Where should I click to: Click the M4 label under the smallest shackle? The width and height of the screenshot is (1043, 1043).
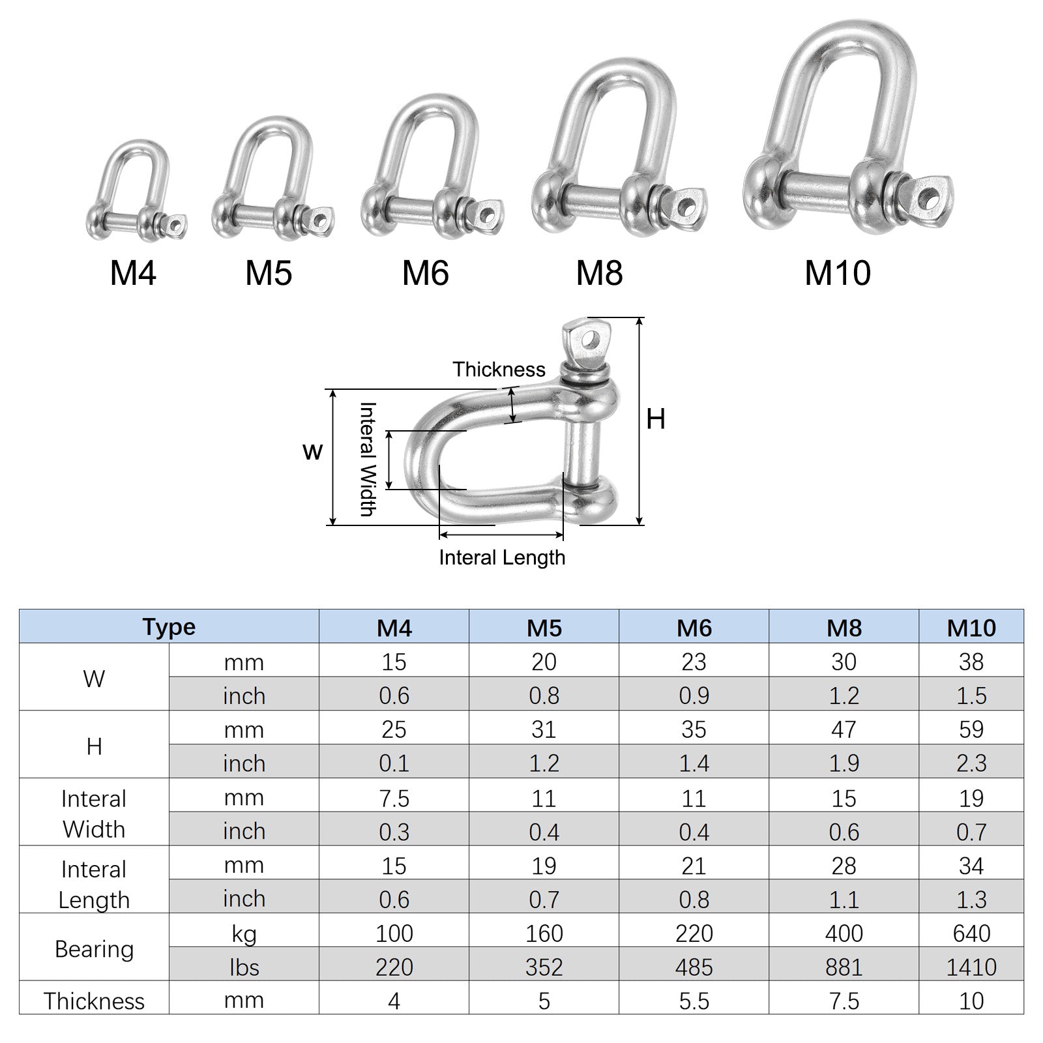click(133, 273)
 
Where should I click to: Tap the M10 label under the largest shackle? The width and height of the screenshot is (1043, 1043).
click(838, 273)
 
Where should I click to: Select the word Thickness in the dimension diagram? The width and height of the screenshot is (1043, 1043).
click(499, 370)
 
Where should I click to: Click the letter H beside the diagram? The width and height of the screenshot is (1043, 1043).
click(656, 419)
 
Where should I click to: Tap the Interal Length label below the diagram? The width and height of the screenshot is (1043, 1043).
click(502, 558)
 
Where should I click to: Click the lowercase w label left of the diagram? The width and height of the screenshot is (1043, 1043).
click(313, 451)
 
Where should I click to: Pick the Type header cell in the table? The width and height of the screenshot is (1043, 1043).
click(169, 627)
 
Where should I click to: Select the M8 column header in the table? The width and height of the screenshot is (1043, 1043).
click(844, 628)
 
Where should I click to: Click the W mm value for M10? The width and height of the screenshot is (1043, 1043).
click(971, 662)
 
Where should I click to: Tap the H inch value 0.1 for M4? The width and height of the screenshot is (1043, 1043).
click(394, 763)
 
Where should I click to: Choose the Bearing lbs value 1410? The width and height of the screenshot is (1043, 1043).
click(971, 967)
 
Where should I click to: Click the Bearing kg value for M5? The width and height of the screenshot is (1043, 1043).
click(544, 933)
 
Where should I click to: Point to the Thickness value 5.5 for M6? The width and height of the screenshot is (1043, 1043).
click(694, 1001)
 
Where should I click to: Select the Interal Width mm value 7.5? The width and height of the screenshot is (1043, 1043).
click(394, 798)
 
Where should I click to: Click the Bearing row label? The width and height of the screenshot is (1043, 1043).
click(94, 949)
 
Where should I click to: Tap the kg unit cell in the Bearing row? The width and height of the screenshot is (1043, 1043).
click(244, 933)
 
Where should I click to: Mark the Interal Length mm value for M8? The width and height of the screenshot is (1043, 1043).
click(844, 866)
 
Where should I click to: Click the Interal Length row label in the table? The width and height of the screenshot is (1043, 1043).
click(94, 884)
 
